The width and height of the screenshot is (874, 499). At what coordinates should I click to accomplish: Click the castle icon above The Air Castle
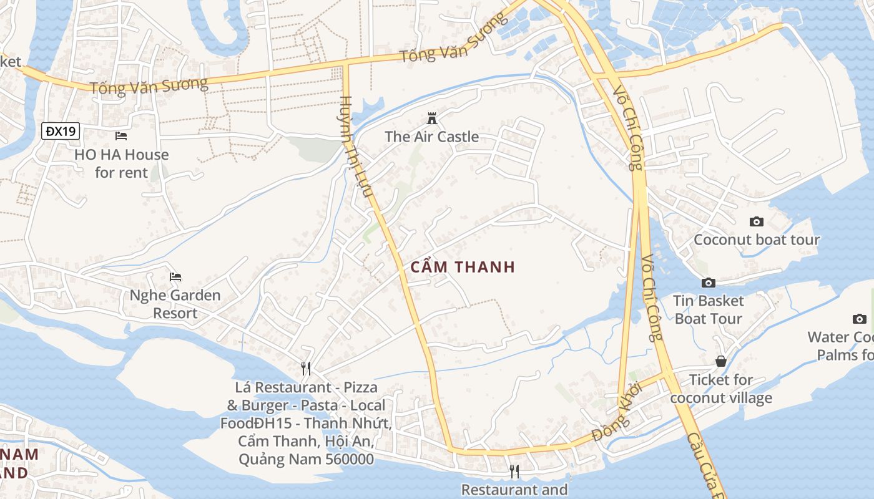coord(431,118)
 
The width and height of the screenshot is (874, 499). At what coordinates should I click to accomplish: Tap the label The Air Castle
coord(431,137)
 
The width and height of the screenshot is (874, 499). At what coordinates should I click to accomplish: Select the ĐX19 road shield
coord(61,131)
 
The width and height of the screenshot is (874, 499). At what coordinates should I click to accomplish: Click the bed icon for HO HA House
coord(121,135)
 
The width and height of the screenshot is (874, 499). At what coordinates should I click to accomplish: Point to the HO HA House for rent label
coord(121,163)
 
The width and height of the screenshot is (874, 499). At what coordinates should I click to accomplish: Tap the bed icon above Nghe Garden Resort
coord(175,276)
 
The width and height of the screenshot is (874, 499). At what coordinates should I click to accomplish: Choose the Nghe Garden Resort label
coord(175,304)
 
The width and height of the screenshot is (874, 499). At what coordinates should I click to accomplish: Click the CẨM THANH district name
coord(463,267)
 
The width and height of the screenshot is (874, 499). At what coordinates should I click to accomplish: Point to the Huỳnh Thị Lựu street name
coord(358,147)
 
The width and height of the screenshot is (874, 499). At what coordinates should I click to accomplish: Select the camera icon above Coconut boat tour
coord(756,221)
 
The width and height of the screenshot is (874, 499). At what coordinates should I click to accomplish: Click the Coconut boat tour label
coord(757,240)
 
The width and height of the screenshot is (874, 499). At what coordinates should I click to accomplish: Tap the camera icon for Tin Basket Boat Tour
coord(708,283)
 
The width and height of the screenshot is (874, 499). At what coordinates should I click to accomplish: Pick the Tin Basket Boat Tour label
coord(709,309)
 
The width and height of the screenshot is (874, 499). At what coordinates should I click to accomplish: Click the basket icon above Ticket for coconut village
coord(721,361)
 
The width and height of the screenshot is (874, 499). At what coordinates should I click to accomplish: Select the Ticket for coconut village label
coord(721,389)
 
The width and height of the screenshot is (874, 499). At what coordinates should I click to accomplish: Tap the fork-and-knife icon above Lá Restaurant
coord(305,369)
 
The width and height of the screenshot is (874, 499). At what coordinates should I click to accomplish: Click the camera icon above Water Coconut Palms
coord(860,319)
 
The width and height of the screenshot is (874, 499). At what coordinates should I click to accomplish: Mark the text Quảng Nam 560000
coord(306,460)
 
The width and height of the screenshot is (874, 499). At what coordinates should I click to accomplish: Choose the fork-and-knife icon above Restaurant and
coord(514,471)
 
